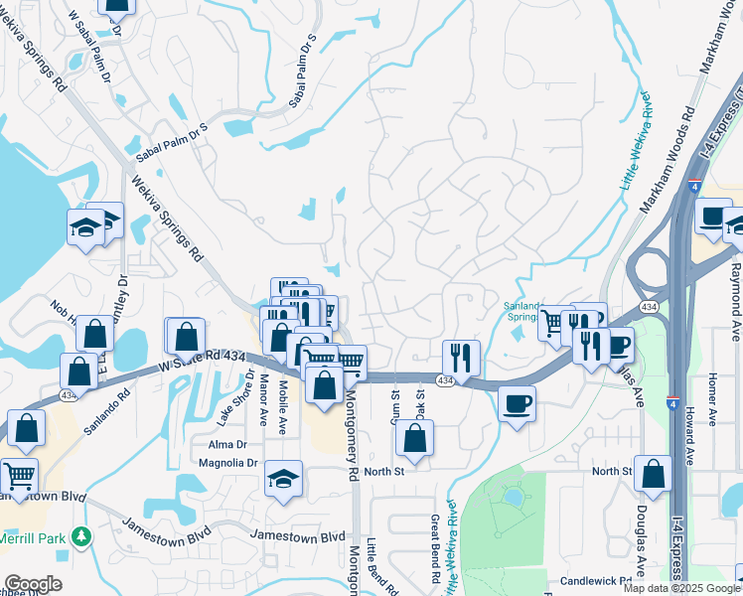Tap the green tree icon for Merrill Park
81,537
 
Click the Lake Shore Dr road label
249,393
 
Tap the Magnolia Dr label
228,463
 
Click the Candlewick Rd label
596,580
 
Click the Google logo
33,584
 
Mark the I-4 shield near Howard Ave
674,404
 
